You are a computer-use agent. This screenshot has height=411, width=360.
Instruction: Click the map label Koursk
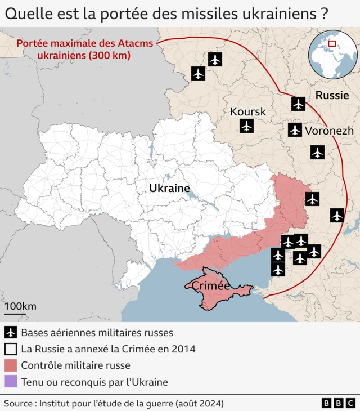pos(247,111)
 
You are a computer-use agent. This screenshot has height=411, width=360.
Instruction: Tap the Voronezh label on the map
pos(329,131)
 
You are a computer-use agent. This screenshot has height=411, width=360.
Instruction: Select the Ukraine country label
pos(169,188)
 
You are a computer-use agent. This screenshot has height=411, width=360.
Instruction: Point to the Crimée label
pos(211,286)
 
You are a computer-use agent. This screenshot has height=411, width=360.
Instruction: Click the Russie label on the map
pos(332,95)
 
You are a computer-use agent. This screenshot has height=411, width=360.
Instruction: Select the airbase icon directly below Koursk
pos(246,126)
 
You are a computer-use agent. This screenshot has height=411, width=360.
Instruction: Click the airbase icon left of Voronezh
pos(295,130)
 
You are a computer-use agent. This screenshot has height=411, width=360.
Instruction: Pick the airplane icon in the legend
pos(10,332)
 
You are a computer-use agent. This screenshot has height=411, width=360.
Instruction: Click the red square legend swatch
pos(10,365)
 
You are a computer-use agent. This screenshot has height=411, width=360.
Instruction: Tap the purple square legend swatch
pos(10,382)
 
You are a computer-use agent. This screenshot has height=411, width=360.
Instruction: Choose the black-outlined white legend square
pos(10,349)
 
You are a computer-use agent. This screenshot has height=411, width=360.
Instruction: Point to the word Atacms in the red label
pos(134,43)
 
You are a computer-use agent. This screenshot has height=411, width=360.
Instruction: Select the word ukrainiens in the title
pos(280,13)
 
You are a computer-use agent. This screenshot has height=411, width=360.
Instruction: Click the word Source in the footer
pos(18,403)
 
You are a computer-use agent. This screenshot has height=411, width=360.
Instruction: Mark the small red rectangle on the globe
pos(332,43)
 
